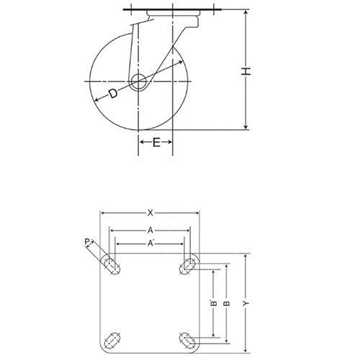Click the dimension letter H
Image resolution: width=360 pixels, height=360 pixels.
pyautogui.click(x=246, y=70)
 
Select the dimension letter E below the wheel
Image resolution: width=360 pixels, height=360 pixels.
pyautogui.click(x=156, y=143)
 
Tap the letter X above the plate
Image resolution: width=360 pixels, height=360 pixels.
pyautogui.click(x=150, y=212)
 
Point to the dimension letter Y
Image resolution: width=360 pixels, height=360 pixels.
pyautogui.click(x=246, y=305)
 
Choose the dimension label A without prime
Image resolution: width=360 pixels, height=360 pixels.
pyautogui.click(x=150, y=230)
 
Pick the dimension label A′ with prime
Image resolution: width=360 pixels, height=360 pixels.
pyautogui.click(x=150, y=244)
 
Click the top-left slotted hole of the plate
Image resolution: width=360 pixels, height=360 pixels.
pyautogui.click(x=112, y=264)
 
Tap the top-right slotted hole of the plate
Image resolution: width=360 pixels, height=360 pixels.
pyautogui.click(x=189, y=264)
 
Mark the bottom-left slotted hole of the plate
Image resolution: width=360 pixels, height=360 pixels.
pyautogui.click(x=112, y=338)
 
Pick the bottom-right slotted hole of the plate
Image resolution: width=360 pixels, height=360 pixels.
pyautogui.click(x=189, y=338)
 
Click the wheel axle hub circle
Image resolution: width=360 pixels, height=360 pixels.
pyautogui.click(x=140, y=82)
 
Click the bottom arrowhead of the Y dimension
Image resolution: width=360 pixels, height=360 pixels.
pyautogui.click(x=246, y=353)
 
